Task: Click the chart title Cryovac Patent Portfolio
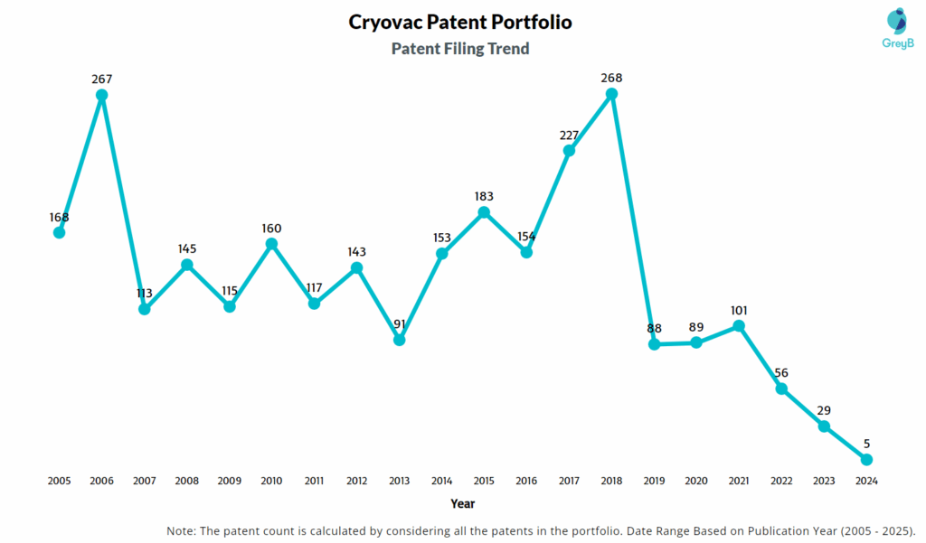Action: tap(459, 22)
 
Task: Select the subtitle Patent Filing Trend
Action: tap(459, 49)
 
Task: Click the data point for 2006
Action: tap(102, 95)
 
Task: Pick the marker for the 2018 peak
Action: tap(611, 93)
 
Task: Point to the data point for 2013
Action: tap(399, 340)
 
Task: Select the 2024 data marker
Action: tap(866, 460)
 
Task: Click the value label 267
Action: tap(102, 80)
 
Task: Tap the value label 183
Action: tap(484, 196)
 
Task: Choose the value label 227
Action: tap(569, 136)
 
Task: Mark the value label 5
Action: tap(866, 444)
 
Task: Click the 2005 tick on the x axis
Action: tap(60, 482)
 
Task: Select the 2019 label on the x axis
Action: tap(654, 482)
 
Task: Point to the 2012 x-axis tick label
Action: tap(356, 482)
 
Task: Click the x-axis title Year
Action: tap(462, 503)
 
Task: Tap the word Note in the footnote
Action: tap(182, 529)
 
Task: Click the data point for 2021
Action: tap(739, 325)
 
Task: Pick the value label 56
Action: tap(781, 372)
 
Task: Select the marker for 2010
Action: tap(271, 244)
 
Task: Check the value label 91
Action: tap(399, 323)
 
